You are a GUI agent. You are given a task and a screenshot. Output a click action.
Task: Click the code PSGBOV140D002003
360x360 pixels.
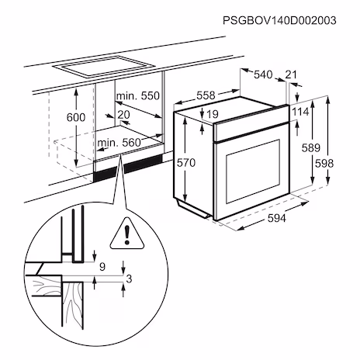click(x=279, y=20)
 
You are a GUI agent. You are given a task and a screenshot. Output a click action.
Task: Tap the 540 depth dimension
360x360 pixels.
click(x=263, y=74)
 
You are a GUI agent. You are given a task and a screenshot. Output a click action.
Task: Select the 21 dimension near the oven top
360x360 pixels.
click(x=291, y=74)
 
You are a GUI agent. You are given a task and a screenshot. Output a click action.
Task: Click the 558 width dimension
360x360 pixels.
click(x=206, y=95)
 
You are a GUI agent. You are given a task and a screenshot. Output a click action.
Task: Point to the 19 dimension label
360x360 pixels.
click(x=213, y=114)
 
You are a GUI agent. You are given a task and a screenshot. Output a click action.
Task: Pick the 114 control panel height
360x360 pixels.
click(x=300, y=112)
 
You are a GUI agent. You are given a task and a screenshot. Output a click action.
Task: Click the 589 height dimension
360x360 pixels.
click(x=311, y=147)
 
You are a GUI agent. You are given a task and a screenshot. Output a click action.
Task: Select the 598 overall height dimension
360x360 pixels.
click(x=324, y=163)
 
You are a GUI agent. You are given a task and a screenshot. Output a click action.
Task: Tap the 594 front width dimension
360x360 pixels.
click(x=277, y=218)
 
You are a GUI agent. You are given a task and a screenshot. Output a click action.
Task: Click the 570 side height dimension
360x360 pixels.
click(x=186, y=163)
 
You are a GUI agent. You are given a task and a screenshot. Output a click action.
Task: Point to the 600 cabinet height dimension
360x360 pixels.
click(x=76, y=117)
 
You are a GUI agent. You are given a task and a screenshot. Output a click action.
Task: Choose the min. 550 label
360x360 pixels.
click(x=138, y=95)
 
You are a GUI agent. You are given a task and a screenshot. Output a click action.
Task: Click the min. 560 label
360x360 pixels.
click(x=119, y=143)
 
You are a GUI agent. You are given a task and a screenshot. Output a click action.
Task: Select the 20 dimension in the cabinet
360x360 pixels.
click(x=123, y=115)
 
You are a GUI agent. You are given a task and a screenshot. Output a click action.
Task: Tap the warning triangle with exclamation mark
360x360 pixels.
click(x=126, y=234)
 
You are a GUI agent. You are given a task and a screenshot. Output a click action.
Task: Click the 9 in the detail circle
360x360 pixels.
click(x=102, y=267)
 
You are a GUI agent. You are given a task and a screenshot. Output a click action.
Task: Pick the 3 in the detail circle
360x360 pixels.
click(x=129, y=279)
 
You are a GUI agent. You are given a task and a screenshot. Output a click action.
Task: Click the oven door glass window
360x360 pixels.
click(x=253, y=171)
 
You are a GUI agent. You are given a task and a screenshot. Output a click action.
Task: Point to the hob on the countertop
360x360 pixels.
click(x=103, y=66)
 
